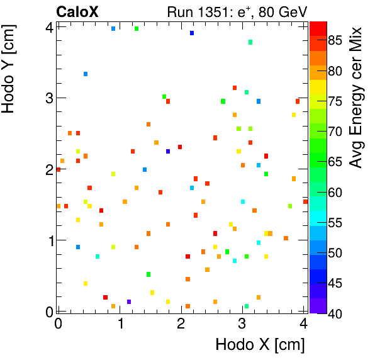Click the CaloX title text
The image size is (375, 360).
(77, 11)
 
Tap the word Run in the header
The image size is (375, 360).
(179, 11)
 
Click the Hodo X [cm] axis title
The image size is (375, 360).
(260, 345)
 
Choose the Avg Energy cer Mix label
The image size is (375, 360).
(357, 98)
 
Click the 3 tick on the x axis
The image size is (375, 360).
(242, 323)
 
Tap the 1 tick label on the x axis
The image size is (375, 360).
(120, 323)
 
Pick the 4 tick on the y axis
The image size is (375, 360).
(48, 26)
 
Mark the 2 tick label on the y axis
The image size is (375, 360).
(48, 169)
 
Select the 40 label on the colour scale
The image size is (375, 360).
(335, 313)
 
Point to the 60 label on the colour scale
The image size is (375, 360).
(335, 192)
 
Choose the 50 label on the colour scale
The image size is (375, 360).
(335, 252)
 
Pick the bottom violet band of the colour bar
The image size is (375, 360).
(318, 305)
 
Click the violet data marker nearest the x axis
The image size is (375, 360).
(129, 302)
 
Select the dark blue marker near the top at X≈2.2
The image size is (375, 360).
(192, 33)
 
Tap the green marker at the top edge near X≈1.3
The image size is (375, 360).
(137, 28)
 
